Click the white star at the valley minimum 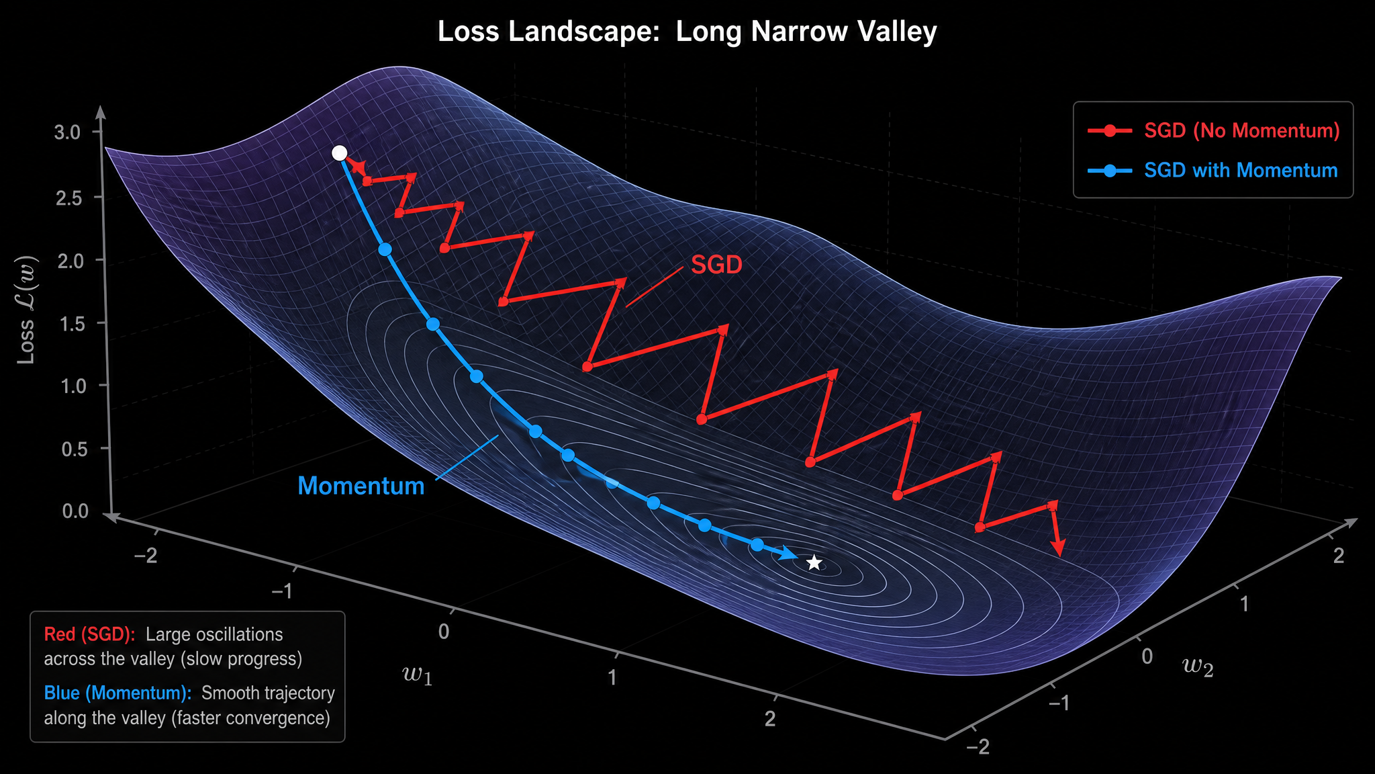point(814,562)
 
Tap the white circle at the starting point point(340,153)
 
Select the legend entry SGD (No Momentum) point(1214,130)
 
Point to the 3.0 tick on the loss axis point(67,132)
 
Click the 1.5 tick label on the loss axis point(72,324)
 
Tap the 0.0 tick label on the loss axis point(75,511)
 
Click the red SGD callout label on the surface point(716,265)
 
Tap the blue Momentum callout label point(361,486)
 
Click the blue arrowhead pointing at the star point(789,554)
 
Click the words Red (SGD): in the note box point(90,634)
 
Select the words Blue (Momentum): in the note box point(118,693)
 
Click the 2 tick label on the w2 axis point(1339,556)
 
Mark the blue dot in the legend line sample point(1110,171)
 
